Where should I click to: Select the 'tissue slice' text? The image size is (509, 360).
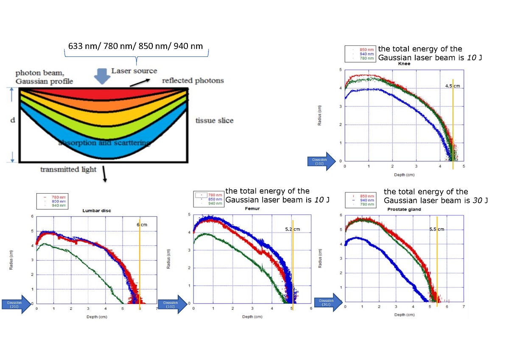point(214,121)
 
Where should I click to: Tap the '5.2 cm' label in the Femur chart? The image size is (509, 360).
point(292,229)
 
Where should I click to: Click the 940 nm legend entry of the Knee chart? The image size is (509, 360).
point(366,54)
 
